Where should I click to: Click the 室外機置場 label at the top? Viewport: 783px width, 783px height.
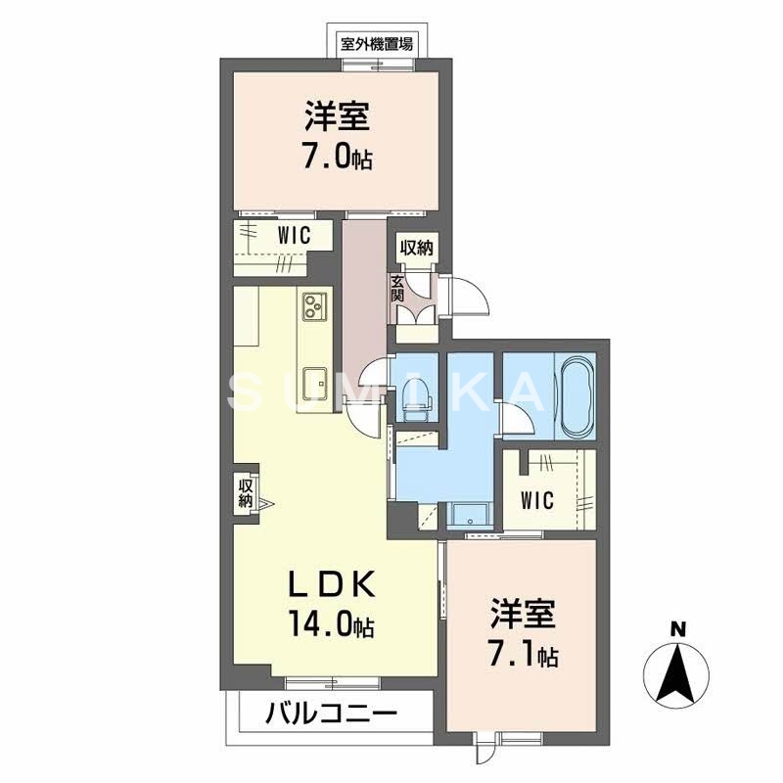pyautogui.click(x=377, y=43)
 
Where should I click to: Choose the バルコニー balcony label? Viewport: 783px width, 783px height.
pyautogui.click(x=331, y=714)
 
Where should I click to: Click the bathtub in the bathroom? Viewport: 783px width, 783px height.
pyautogui.click(x=576, y=397)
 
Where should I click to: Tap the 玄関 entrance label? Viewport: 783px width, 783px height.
pyautogui.click(x=398, y=287)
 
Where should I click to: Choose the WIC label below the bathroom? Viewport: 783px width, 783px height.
pyautogui.click(x=536, y=501)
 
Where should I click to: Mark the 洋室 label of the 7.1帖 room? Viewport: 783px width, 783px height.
pyautogui.click(x=523, y=615)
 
